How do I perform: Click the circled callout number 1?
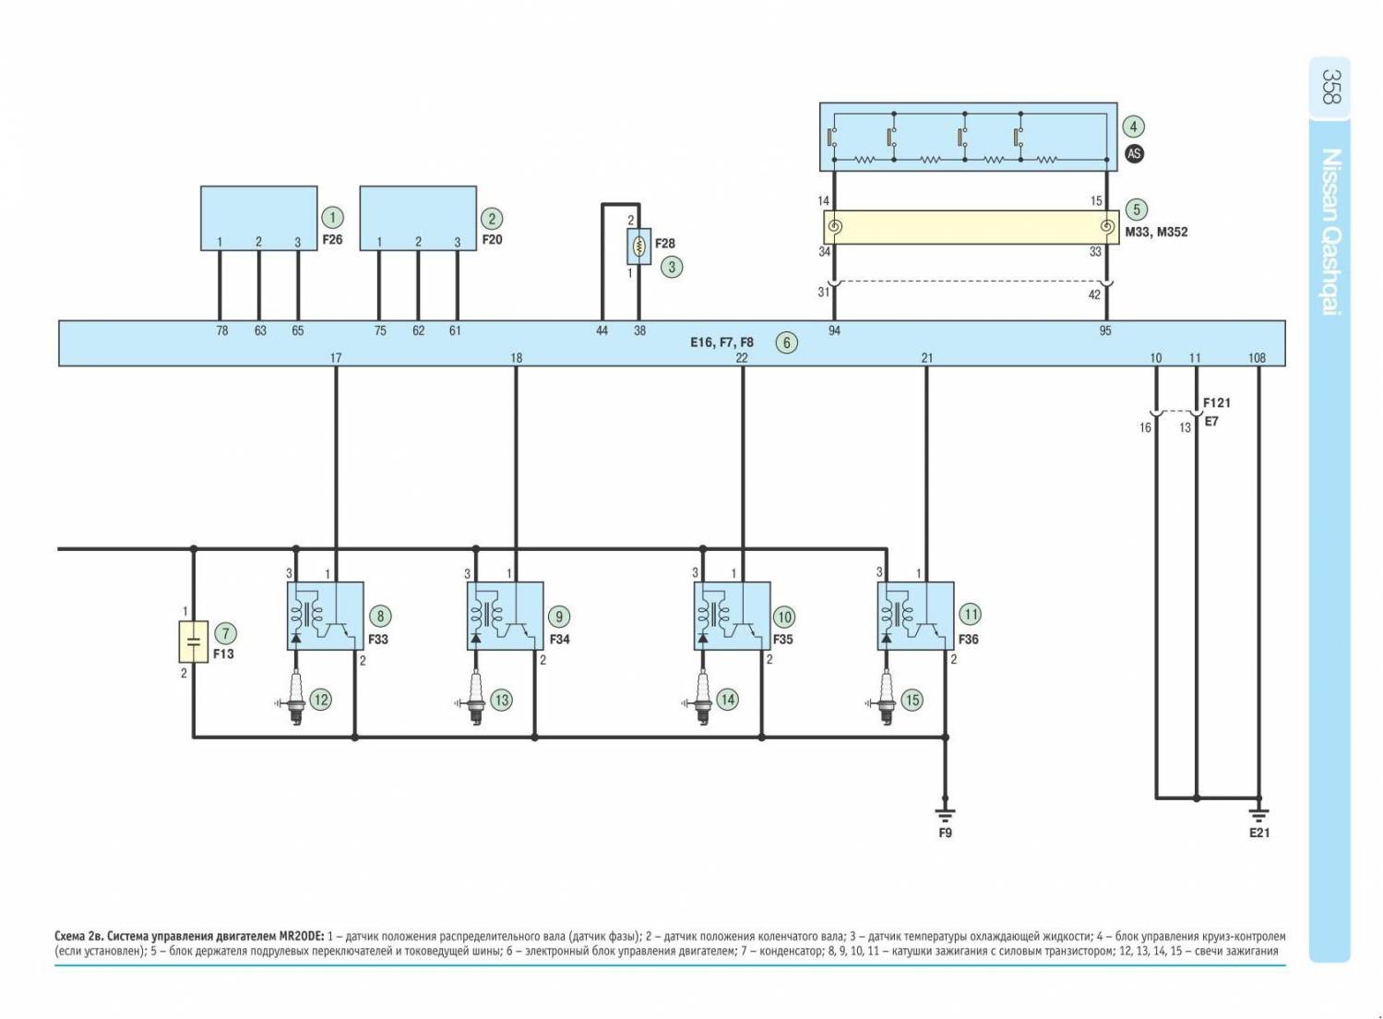332,218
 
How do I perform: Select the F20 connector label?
492,240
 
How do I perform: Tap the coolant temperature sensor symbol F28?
639,246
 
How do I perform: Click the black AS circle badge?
1134,154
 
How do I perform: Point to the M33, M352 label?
1156,233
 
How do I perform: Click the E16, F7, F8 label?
721,342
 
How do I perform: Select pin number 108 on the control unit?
1257,358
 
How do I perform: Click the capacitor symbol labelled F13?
193,641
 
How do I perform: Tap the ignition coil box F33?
325,616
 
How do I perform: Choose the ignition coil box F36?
914,616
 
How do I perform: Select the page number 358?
1329,86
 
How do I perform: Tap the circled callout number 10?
783,617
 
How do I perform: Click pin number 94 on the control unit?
834,330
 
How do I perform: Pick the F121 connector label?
1216,403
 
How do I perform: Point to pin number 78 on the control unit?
221,330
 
